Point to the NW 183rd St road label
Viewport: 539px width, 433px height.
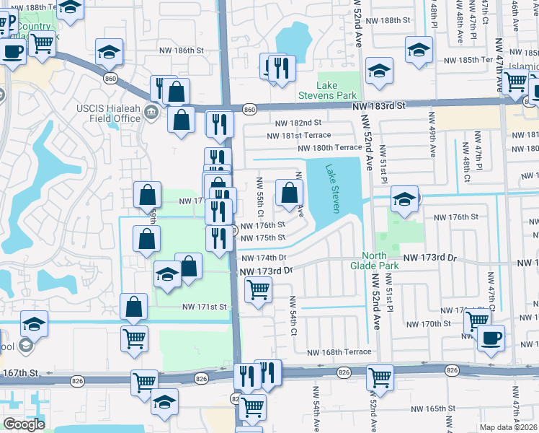380,105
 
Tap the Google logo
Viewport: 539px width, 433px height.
24,424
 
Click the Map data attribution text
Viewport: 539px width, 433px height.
509,427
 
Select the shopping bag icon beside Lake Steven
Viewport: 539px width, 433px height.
289,193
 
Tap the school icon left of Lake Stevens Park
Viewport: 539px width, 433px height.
379,71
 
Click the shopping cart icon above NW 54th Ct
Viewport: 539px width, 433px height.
258,290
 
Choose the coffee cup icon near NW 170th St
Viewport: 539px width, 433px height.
491,338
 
